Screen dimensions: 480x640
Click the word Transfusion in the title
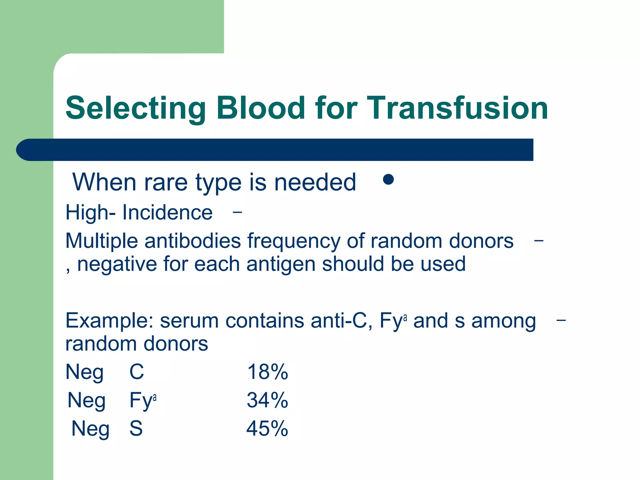tap(457, 108)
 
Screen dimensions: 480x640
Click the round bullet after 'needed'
tap(388, 179)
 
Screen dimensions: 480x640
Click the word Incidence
tap(167, 213)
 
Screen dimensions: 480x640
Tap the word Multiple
tap(101, 241)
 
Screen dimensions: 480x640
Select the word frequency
tap(294, 241)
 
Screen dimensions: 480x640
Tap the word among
tap(503, 321)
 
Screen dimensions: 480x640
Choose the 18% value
tap(267, 372)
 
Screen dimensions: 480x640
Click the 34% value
tap(267, 400)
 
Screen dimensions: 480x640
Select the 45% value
tap(267, 428)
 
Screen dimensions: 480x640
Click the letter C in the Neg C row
tap(137, 372)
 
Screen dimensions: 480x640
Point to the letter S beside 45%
tap(136, 428)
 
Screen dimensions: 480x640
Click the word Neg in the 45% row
tap(90, 429)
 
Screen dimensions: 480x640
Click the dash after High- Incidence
tap(237, 212)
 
